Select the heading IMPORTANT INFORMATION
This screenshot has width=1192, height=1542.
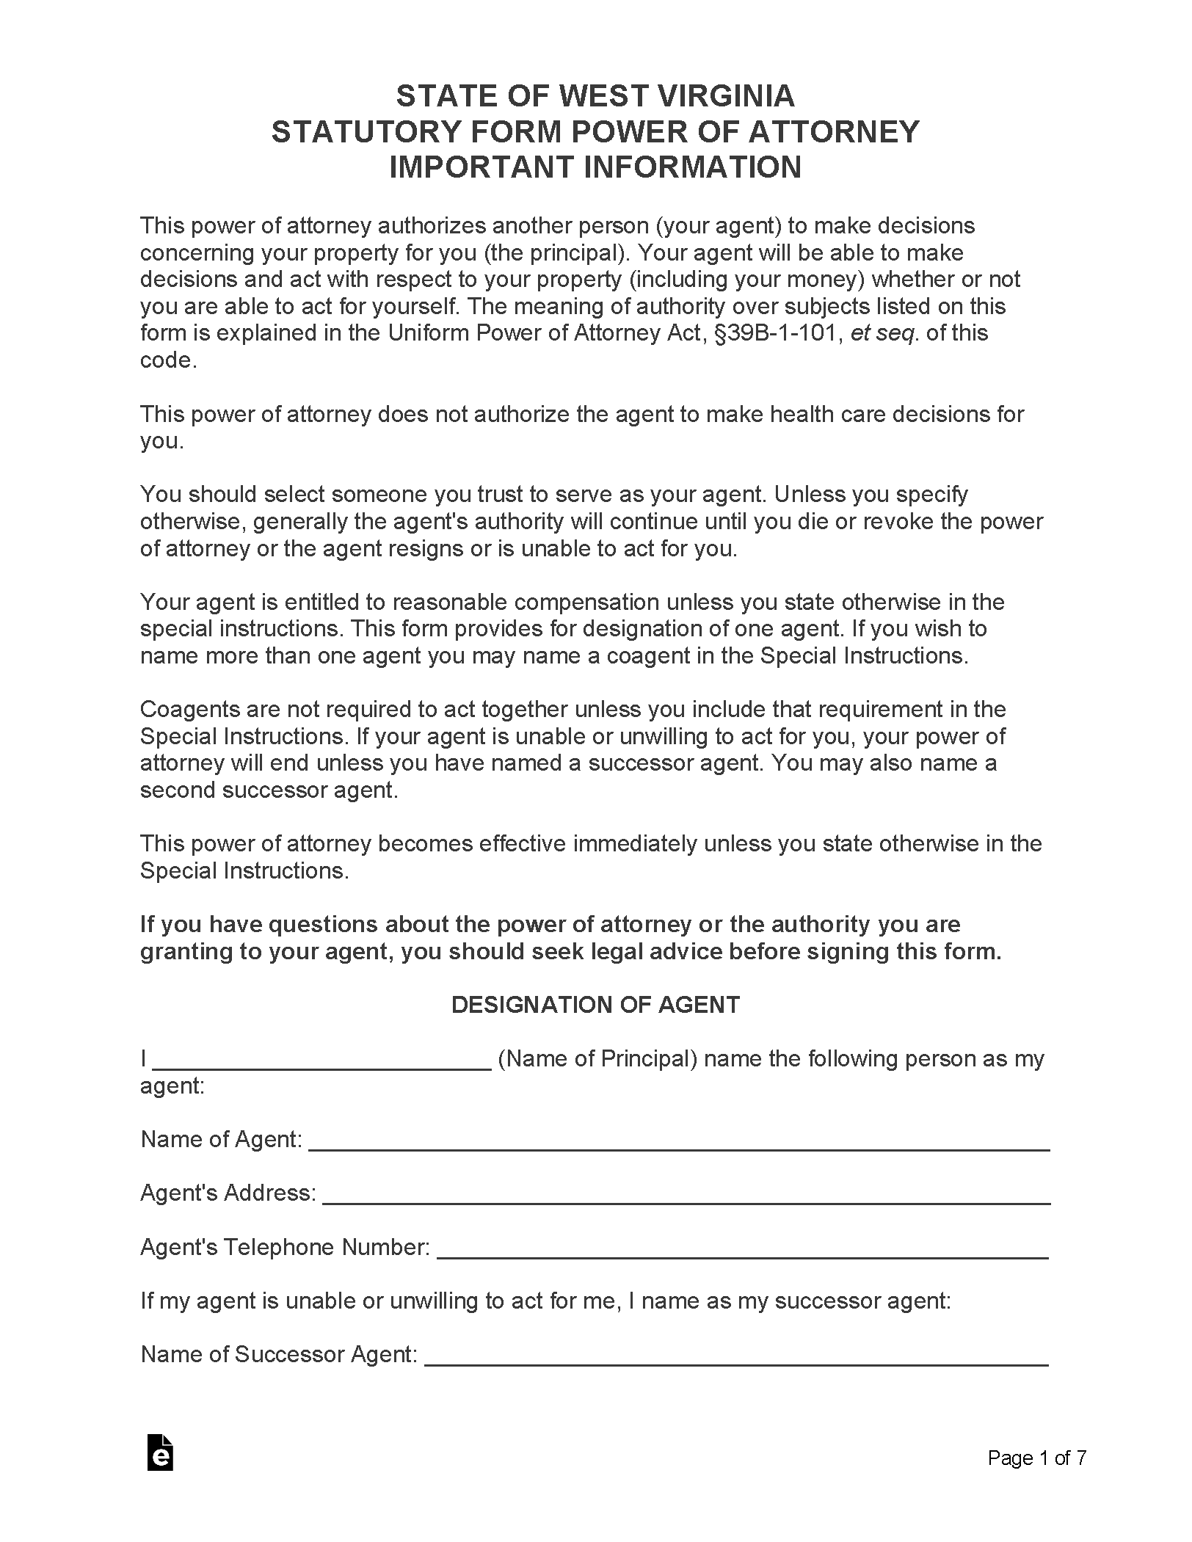point(595,167)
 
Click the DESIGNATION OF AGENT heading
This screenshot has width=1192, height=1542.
point(595,1005)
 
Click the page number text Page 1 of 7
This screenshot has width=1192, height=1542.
point(1036,1458)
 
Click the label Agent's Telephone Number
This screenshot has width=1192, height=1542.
point(285,1247)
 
